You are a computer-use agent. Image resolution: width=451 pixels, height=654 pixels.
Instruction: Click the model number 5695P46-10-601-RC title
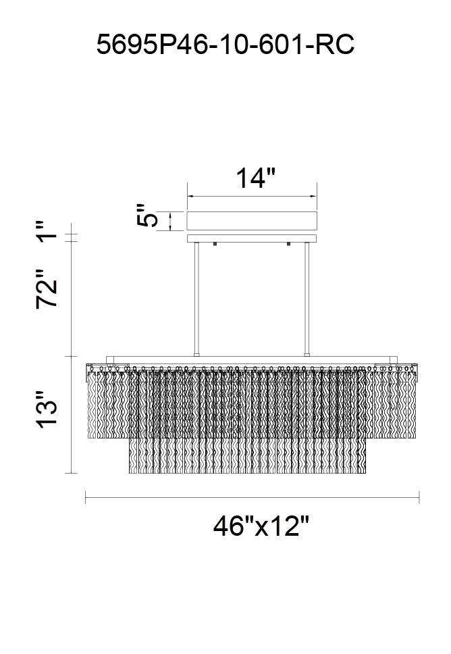[x=225, y=45]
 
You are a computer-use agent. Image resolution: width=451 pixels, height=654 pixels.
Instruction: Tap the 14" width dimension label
[x=256, y=178]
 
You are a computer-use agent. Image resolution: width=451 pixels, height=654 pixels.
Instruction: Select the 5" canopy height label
[x=147, y=216]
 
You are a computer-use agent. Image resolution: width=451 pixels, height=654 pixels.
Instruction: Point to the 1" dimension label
[x=47, y=232]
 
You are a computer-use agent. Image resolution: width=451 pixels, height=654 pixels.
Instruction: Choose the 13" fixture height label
[x=47, y=409]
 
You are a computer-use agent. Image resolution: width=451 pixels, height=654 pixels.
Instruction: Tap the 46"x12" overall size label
[x=262, y=526]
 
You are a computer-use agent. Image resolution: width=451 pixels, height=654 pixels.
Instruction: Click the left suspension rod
[x=196, y=298]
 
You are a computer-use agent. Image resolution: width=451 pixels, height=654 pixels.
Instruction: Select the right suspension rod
[x=307, y=298]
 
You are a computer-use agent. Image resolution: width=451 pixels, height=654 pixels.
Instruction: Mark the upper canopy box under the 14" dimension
[x=252, y=221]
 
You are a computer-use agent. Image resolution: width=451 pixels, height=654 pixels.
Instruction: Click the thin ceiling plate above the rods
[x=252, y=238]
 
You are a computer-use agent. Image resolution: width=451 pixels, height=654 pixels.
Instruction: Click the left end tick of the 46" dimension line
[x=86, y=497]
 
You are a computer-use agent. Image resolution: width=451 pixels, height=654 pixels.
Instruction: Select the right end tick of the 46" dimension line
[x=419, y=497]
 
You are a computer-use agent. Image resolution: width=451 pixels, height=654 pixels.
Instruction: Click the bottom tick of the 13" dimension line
[x=72, y=473]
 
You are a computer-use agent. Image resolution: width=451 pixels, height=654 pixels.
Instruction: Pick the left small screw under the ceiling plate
[x=215, y=244]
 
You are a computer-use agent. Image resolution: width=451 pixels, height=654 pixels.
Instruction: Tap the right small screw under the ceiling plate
[x=288, y=244]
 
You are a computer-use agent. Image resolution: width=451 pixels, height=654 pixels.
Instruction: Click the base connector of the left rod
[x=196, y=355]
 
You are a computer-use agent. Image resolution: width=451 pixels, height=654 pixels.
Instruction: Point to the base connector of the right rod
[x=307, y=355]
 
